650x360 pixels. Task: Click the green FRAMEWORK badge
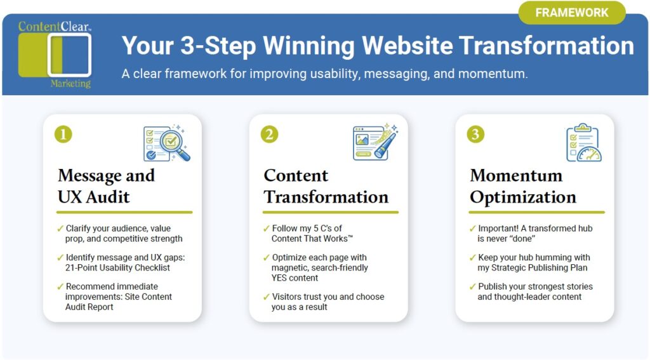[572, 13]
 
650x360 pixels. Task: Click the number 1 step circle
[63, 134]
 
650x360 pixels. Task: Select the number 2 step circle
[269, 134]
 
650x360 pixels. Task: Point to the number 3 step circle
[475, 134]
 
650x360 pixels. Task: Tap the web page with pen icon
[375, 142]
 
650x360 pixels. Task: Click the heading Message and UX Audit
[106, 186]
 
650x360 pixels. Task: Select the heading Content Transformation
[326, 186]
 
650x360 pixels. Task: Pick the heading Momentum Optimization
[522, 186]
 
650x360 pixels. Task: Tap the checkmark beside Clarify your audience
[60, 228]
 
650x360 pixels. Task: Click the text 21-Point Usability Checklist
[119, 268]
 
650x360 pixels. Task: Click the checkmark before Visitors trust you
[266, 297]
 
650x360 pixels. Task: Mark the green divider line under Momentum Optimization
[537, 212]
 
